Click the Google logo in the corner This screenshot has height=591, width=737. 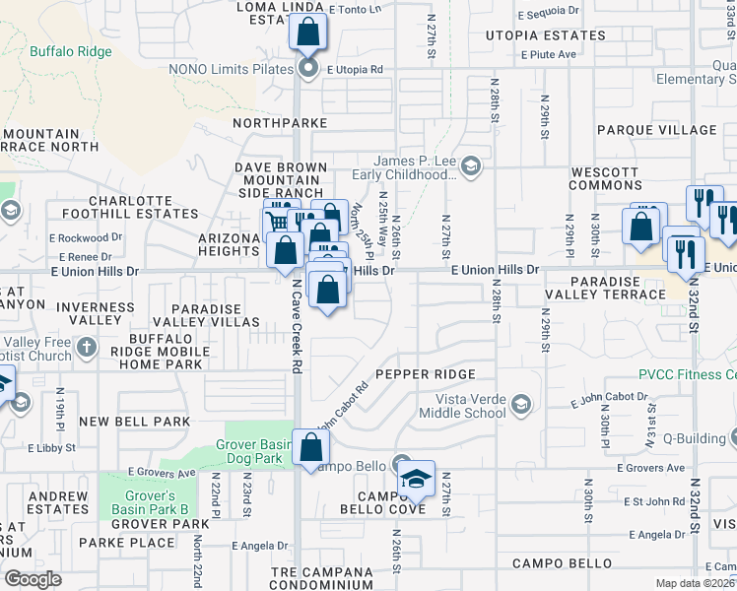33,579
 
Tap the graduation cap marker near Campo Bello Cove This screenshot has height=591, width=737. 416,479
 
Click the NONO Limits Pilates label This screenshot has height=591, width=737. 232,69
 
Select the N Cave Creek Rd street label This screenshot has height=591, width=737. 297,325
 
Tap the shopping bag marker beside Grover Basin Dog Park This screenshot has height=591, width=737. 310,447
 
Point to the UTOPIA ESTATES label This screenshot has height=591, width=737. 545,35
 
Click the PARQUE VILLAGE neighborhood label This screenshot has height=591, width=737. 657,130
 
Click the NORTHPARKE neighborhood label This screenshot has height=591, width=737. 280,123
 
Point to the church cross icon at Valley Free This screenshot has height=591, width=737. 87,347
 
